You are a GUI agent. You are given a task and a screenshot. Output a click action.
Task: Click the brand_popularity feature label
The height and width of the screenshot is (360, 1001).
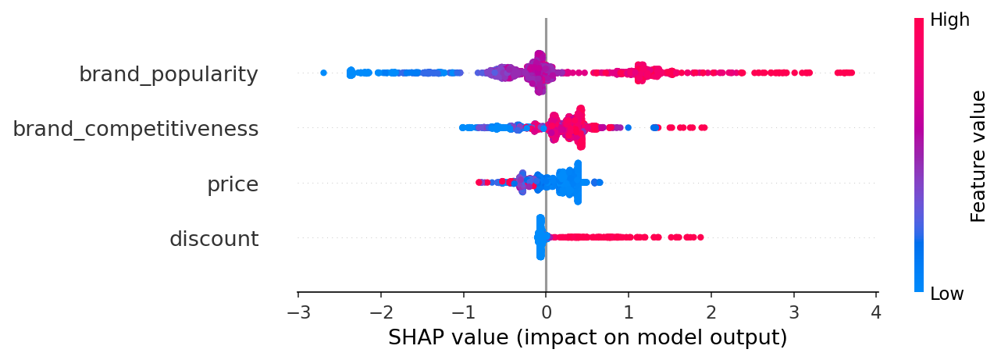168,75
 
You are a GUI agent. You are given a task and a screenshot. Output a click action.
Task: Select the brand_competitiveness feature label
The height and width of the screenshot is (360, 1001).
135,130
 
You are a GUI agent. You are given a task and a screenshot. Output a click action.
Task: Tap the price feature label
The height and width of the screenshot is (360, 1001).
232,185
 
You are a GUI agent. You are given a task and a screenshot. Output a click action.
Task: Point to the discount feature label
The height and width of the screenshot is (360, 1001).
213,239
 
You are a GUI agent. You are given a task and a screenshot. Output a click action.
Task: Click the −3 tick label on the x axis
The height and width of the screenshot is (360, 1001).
297,313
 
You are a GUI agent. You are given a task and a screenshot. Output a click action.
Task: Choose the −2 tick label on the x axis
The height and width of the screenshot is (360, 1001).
380,313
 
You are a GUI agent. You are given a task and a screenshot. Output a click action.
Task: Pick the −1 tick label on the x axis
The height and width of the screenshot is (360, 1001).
463,313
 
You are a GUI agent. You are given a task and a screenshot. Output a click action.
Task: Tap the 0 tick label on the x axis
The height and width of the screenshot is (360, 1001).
546,313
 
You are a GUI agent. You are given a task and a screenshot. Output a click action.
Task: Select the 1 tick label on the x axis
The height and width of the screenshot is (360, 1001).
629,313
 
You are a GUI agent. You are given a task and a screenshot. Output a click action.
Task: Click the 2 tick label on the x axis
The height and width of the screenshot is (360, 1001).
711,313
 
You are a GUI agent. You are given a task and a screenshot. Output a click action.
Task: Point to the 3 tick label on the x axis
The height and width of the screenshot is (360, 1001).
794,313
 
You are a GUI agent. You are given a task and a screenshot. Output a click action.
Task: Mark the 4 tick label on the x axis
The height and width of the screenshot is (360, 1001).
876,313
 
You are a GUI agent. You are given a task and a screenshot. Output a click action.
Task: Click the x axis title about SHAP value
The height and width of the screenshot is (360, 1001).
587,338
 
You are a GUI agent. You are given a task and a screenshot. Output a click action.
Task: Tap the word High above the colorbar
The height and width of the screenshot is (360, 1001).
949,20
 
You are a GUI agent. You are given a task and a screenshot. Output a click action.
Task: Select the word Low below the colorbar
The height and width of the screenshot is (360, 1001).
946,294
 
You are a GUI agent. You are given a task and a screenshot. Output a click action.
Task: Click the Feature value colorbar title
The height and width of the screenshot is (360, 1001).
978,156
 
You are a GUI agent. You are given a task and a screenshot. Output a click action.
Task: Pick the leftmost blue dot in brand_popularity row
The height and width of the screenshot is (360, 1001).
324,73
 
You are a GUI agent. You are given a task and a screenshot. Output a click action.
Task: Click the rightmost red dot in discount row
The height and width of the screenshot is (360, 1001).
700,237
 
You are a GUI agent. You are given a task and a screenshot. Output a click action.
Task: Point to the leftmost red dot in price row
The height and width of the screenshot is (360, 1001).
479,182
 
